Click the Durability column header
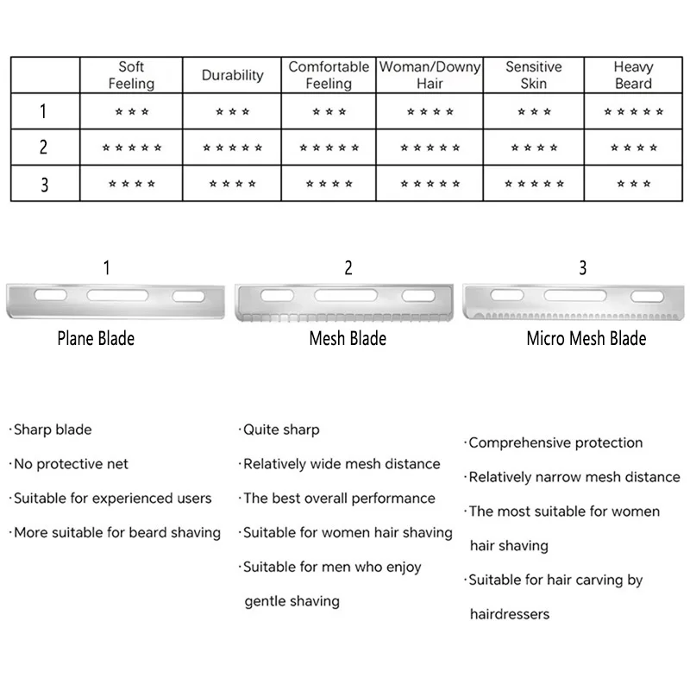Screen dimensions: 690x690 (x=232, y=75)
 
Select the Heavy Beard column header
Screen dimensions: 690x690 (x=633, y=75)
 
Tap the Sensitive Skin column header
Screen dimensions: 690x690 (x=533, y=75)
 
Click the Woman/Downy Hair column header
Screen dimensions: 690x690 (x=430, y=75)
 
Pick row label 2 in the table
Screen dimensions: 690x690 (x=43, y=147)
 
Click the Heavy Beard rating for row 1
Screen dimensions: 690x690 (x=633, y=111)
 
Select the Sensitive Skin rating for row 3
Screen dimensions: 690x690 (x=534, y=184)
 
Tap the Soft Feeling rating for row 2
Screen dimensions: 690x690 (x=132, y=147)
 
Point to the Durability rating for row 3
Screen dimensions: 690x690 (x=232, y=184)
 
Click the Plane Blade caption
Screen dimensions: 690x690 (x=96, y=338)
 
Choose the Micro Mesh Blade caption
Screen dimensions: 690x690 (x=586, y=338)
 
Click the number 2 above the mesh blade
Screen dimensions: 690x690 (x=348, y=267)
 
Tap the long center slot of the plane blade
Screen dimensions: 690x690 (x=117, y=295)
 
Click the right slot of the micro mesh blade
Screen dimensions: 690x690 (x=647, y=296)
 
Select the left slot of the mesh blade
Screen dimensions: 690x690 (x=277, y=295)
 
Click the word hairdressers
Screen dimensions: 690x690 (x=510, y=614)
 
